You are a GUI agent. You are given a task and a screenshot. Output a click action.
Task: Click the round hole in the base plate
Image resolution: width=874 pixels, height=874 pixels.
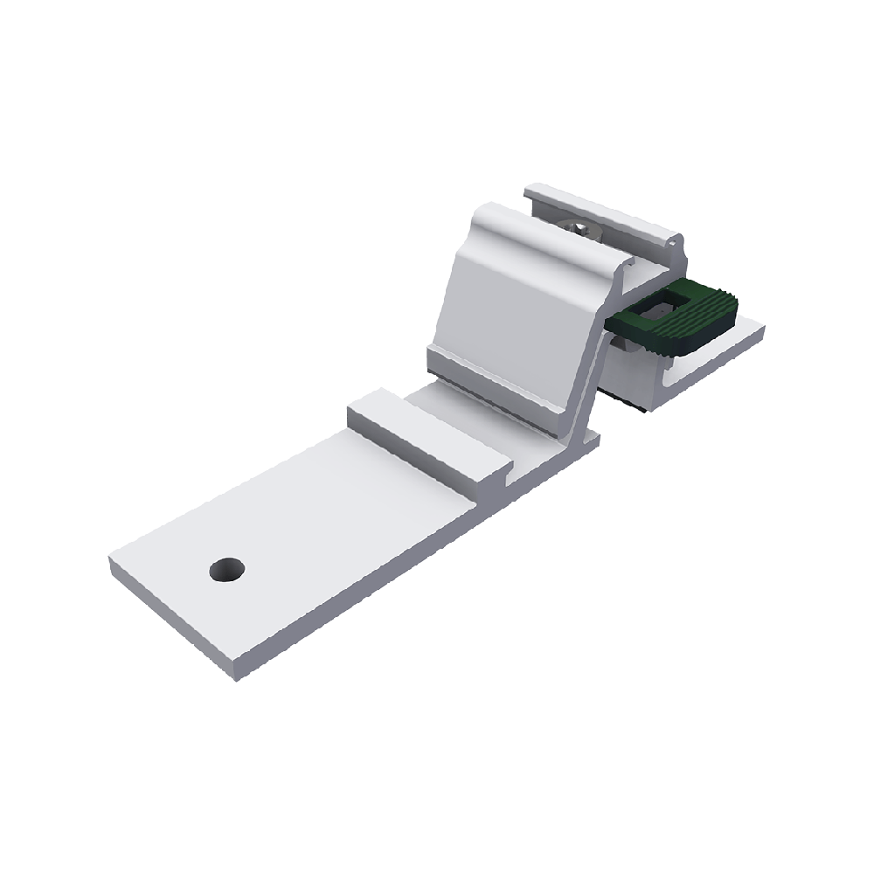click(227, 570)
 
